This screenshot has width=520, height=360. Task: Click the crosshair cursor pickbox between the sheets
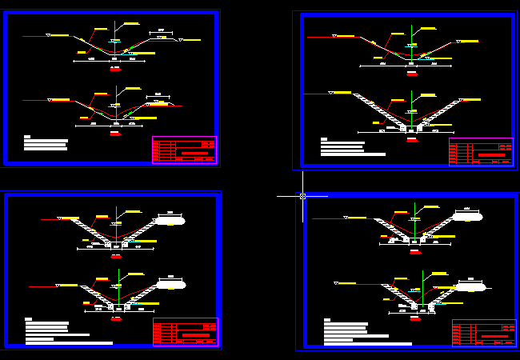point(302,196)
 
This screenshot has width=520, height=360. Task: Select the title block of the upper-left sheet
point(184,150)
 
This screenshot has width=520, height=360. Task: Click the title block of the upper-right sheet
point(481,152)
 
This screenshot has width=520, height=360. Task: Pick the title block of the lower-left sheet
point(185,332)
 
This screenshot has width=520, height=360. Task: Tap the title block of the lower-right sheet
point(484,333)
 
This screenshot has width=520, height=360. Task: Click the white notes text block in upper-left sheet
point(46,143)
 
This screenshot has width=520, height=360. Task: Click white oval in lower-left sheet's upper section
point(170,220)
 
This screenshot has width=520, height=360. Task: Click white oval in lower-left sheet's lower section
point(171,284)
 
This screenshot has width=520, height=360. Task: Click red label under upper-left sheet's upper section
point(115,70)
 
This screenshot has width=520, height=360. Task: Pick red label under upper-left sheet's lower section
point(115,134)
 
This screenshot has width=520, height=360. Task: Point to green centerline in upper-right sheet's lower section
point(411,108)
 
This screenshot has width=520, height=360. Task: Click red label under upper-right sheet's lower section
point(411,139)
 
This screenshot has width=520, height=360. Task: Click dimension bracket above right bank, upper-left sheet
point(161,33)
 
